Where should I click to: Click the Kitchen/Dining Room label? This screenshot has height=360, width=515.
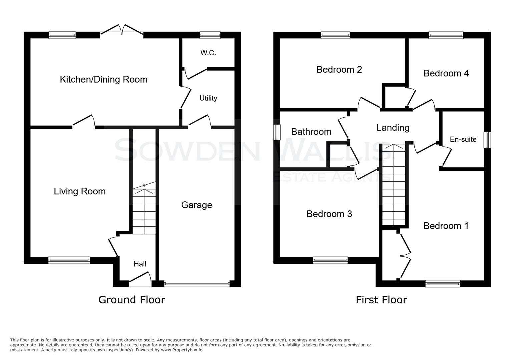pos(103,79)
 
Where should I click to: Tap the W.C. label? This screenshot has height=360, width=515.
pos(208,53)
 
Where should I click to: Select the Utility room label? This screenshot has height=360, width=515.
pos(208,98)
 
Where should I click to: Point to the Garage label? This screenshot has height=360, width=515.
pos(196,205)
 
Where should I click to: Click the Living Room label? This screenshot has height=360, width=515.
pos(80,191)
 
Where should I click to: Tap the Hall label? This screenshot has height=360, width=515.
pos(140,264)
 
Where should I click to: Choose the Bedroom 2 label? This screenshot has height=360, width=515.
pos(339,69)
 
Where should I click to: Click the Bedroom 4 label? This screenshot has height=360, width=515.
pos(446,73)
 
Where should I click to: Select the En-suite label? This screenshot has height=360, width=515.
pos(463,139)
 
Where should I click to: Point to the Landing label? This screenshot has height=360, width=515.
pos(393,128)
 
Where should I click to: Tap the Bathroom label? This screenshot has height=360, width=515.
pos(311,132)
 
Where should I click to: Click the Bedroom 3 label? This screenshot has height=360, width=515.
pos(329,214)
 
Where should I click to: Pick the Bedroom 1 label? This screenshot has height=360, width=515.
pos(446,226)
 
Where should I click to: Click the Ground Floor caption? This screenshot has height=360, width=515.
pos(132,300)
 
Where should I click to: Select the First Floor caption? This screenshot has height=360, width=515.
pos(381,300)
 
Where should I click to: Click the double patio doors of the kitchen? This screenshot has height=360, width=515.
pos(122,30)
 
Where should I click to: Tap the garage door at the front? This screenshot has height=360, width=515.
pos(197,284)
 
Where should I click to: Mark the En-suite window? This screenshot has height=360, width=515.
pos(487,140)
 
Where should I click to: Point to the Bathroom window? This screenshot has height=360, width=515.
pos(277,132)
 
